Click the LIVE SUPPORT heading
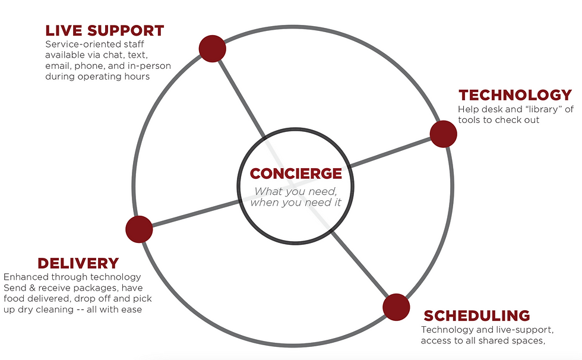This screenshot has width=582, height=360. pos(105,30)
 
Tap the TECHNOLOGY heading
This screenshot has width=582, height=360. pos(515,95)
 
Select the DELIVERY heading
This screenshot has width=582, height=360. pos(78,263)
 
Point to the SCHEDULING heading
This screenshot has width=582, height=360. pos(477,315)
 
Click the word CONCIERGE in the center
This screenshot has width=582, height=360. pos(296,173)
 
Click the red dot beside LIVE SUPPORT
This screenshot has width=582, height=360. pos(212,48)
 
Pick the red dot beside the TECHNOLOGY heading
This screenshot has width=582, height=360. pos(443,134)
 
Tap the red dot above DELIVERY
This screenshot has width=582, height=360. pos(140,229)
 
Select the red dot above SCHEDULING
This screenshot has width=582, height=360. pos(396,307)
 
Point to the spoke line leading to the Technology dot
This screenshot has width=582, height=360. pos(392,151)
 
